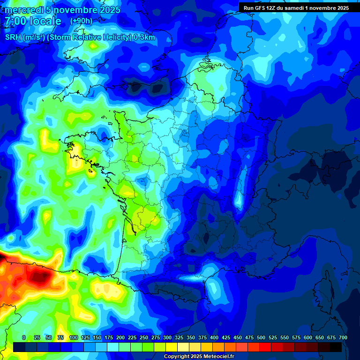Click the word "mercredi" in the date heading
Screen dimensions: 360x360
[x=23, y=10]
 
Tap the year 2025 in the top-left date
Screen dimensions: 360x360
[x=108, y=10]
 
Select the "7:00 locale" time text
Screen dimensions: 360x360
[x=33, y=22]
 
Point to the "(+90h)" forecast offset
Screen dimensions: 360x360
[x=81, y=21]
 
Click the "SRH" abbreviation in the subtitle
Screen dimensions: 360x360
[x=13, y=37]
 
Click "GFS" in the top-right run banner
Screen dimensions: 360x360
[x=259, y=8]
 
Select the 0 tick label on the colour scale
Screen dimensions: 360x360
[x=24, y=337]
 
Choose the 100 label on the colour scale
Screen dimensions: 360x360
[x=74, y=337]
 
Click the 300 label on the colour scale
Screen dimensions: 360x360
[x=167, y=337]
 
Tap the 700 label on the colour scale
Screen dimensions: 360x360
[x=343, y=337]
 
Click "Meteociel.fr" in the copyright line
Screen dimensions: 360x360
[x=218, y=357]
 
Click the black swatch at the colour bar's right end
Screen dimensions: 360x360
[x=336, y=347]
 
